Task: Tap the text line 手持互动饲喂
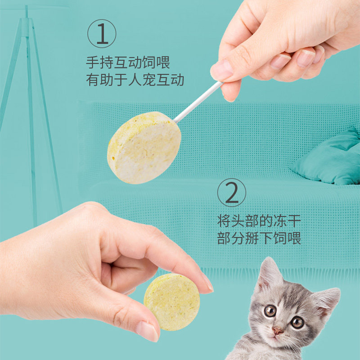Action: pos(128,62)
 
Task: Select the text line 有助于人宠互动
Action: pos(135,80)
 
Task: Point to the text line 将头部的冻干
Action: pos(259,220)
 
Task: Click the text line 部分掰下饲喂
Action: pos(259,238)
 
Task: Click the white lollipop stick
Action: pos(198,102)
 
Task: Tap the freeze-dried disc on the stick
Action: pos(144,148)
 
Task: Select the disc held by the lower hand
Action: pos(171,301)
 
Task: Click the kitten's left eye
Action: pos(270,310)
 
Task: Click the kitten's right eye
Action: pos(297,321)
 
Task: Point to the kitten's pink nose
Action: pos(278,331)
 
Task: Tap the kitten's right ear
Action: pos(327,299)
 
